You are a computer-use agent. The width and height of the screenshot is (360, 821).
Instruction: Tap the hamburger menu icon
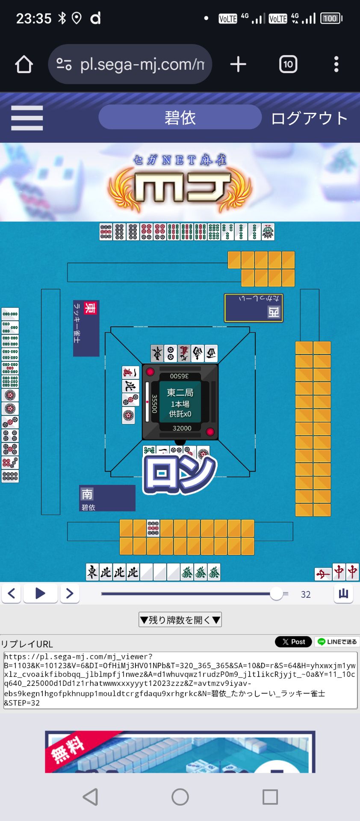27,118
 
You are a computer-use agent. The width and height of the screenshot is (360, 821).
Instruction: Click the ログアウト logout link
309,118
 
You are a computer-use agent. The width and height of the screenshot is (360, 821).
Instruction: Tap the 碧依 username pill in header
180,117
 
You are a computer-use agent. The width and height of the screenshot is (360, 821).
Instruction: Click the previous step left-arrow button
12,594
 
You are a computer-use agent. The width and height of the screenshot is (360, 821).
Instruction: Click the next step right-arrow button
70,594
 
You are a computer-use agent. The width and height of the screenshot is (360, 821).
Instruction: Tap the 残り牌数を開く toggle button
180,620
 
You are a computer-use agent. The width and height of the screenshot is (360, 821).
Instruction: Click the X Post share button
293,642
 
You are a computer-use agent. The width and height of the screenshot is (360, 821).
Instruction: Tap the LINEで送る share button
337,642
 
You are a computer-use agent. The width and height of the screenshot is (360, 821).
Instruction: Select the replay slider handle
277,594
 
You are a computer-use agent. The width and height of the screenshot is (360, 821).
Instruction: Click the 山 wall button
343,594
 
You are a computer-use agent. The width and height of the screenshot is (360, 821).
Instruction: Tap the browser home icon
24,65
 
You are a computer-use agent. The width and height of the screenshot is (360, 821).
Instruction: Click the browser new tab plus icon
238,65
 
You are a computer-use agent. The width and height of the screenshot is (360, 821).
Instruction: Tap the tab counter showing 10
288,65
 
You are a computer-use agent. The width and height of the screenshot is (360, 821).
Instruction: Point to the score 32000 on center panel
182,428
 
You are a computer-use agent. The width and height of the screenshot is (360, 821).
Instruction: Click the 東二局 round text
180,393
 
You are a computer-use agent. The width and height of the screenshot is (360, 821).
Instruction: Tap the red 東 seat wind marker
89,308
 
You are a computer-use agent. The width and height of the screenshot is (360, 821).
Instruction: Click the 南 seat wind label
87,494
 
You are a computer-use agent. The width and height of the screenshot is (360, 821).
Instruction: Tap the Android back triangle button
91,797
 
